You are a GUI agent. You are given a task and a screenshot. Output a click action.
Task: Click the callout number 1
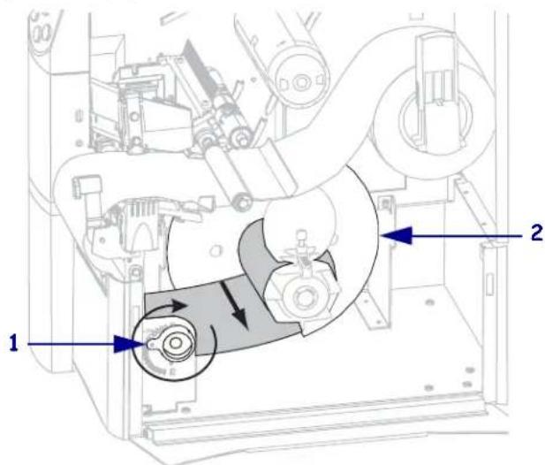coord(13,343)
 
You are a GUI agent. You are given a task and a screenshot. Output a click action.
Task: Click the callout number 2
coord(537,232)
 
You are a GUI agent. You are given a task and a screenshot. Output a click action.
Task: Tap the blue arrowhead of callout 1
coord(129,344)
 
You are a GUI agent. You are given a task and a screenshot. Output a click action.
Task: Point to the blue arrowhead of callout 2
coord(397,236)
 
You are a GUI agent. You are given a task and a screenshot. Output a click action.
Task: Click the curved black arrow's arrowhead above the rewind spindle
coord(180,306)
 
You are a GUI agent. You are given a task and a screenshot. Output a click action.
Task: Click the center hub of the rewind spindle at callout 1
coord(176,344)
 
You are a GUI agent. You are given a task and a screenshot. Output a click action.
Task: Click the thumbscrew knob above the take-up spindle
coord(301,237)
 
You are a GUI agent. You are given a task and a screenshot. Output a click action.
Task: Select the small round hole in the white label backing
coord(216,250)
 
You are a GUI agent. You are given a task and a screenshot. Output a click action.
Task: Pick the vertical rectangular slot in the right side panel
coord(489,284)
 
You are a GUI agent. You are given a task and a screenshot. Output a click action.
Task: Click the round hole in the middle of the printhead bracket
coord(134,117)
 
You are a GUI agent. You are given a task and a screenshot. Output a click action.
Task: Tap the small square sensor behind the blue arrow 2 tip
coord(385,204)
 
